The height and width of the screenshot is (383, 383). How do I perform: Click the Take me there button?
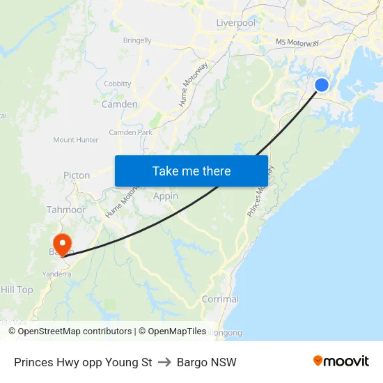191,171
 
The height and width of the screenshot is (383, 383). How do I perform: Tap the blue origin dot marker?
322,85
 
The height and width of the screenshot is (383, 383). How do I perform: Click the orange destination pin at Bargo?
61,243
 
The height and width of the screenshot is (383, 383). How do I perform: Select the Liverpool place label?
235,23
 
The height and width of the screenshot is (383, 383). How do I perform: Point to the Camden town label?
120,104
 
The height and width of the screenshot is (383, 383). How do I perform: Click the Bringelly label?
137,40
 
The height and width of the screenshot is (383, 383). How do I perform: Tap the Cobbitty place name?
117,84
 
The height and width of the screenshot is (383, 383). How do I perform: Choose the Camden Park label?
130,132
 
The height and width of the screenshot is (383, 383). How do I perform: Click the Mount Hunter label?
76,140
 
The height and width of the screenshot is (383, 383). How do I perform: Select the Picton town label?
77,175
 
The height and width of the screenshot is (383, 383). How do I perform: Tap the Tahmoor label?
66,210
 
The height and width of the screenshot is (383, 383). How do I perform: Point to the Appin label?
166,196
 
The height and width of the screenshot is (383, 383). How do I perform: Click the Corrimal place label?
220,299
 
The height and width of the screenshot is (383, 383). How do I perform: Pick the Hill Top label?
17,290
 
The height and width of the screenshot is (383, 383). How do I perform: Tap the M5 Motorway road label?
297,42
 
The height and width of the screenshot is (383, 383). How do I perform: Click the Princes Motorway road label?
260,191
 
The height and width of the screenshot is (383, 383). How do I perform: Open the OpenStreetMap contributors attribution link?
75,331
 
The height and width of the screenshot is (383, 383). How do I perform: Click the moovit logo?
341,361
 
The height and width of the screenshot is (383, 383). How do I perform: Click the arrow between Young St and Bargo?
164,362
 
